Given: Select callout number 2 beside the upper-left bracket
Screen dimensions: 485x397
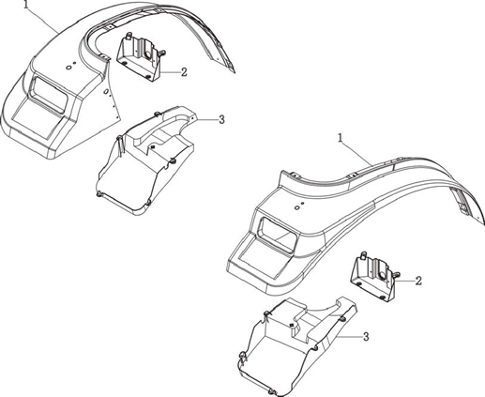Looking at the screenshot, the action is pyautogui.click(x=184, y=72).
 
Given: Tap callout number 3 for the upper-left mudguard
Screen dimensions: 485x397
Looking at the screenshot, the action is pyautogui.click(x=221, y=119).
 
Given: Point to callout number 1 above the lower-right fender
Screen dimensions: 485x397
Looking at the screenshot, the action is pyautogui.click(x=341, y=138).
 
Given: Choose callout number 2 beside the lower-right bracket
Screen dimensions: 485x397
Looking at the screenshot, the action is pyautogui.click(x=418, y=281).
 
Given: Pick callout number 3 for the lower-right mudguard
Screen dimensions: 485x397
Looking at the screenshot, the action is pyautogui.click(x=366, y=337).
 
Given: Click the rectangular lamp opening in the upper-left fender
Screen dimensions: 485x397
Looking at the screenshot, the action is pyautogui.click(x=48, y=95).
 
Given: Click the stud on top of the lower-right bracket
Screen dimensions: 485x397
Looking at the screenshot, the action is pyautogui.click(x=363, y=255).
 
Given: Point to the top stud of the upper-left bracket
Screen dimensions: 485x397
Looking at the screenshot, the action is pyautogui.click(x=128, y=36).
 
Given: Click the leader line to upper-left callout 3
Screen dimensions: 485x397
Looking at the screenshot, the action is pyautogui.click(x=206, y=119).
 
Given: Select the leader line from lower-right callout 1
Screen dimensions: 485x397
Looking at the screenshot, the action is pyautogui.click(x=356, y=153).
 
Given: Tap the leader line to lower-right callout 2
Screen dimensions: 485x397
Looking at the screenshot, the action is pyautogui.click(x=405, y=281).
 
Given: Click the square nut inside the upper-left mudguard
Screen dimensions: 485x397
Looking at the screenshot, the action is pyautogui.click(x=153, y=146).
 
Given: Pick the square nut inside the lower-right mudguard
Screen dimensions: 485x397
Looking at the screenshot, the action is pyautogui.click(x=292, y=325).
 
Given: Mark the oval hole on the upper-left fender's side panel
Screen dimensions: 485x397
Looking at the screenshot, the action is pyautogui.click(x=106, y=91).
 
